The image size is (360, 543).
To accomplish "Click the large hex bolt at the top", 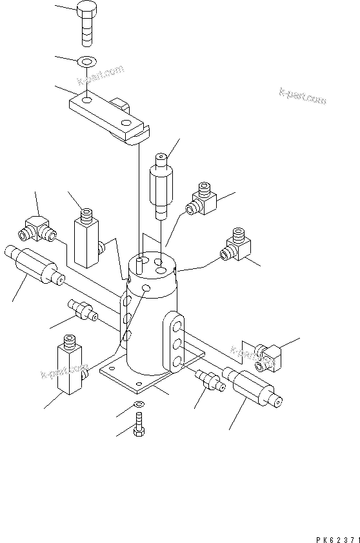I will [x=86, y=23].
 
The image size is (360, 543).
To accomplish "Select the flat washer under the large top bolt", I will [x=86, y=62].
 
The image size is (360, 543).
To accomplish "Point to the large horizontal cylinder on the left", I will [x=32, y=267].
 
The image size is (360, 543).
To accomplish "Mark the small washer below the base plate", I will [x=139, y=404].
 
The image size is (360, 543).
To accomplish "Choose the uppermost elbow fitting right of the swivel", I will [x=203, y=200].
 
